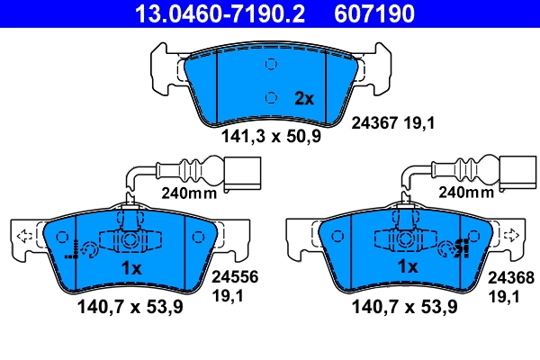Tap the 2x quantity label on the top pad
[x=303, y=99]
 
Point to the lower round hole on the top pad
[x=271, y=98]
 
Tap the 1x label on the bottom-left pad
[x=131, y=269]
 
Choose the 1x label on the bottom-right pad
[x=407, y=267]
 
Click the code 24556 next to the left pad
[x=229, y=279]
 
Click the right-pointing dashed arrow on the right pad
[x=511, y=236]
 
